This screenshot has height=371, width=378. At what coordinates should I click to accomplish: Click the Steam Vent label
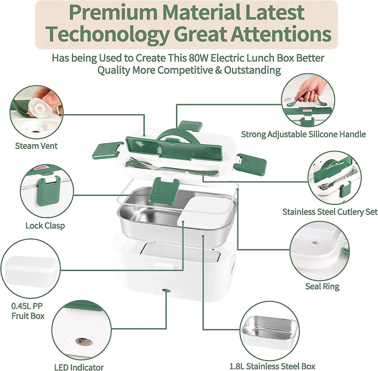[36, 146]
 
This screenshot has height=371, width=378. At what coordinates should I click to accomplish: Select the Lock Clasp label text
[45, 226]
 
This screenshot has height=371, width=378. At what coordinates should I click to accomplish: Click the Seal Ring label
[322, 286]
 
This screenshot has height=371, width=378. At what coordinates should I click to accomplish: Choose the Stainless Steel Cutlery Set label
[330, 212]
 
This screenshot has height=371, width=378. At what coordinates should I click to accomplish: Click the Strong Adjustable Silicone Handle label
[303, 134]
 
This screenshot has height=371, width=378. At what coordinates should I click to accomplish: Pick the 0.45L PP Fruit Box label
[28, 311]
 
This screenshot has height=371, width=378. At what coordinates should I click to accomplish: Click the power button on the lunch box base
[164, 290]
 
